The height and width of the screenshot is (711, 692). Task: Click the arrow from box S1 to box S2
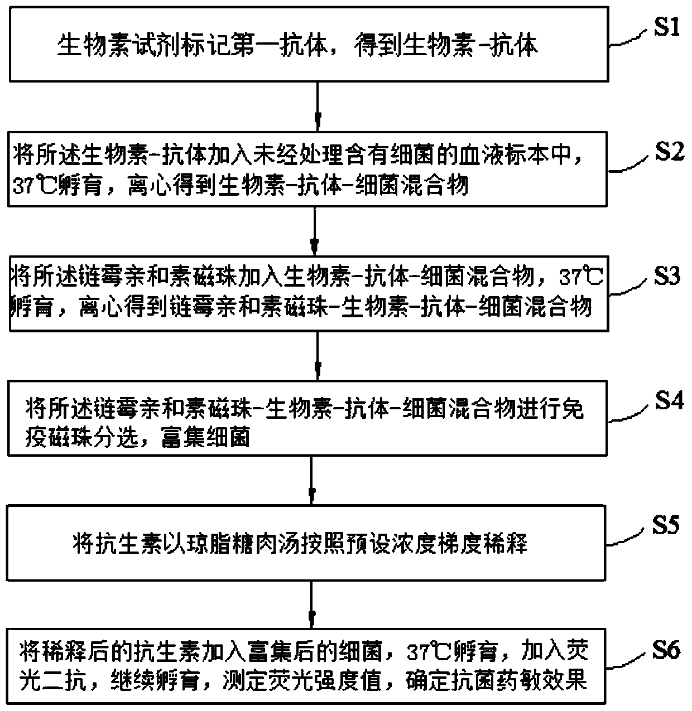tap(318, 107)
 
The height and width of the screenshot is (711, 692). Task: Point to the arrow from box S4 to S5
tap(311, 480)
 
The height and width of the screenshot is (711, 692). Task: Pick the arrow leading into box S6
tap(311, 604)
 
